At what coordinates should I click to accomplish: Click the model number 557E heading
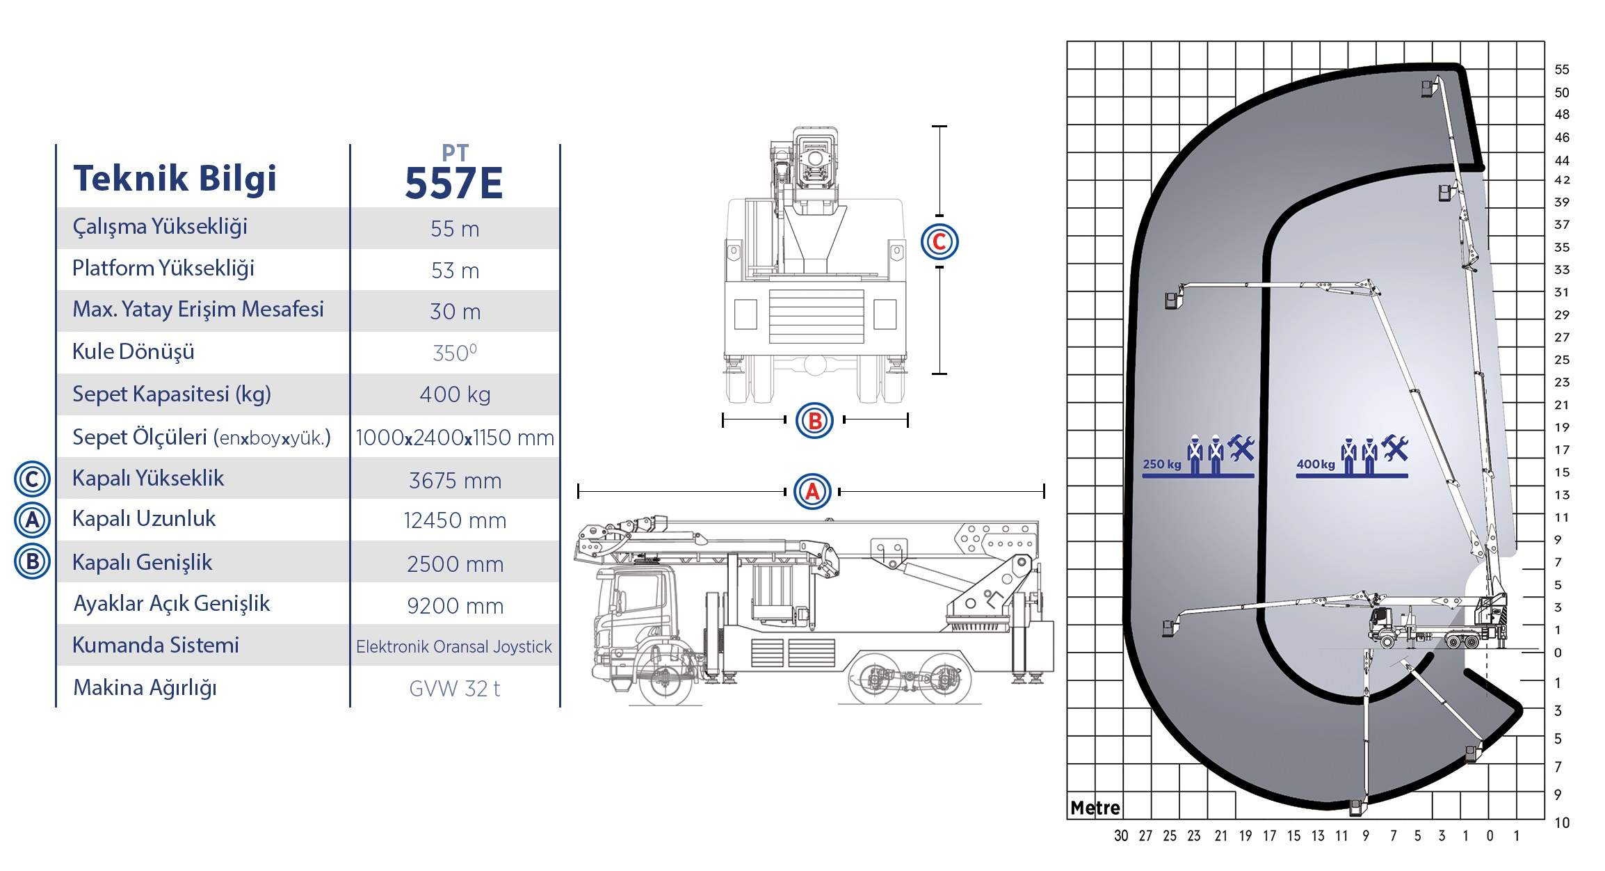point(453,184)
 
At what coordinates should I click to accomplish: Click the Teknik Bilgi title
point(175,178)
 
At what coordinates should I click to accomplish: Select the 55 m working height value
point(455,229)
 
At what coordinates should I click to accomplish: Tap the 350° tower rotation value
point(455,353)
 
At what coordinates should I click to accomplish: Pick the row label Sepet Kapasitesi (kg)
point(172,394)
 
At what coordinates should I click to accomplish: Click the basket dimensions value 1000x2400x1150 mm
point(455,438)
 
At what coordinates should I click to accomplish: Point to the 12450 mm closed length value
point(455,520)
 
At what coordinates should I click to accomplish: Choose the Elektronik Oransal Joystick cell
point(454,646)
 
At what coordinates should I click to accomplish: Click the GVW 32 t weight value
point(455,689)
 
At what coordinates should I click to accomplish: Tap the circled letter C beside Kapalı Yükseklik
point(32,479)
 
